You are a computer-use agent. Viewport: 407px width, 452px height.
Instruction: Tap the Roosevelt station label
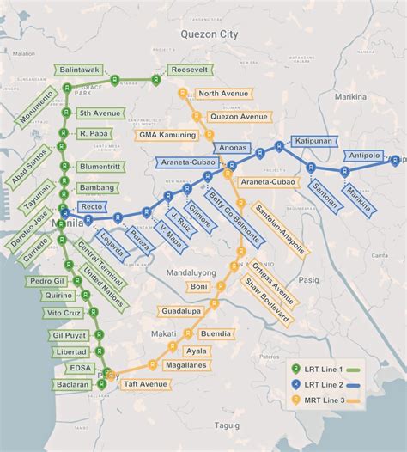click(190, 69)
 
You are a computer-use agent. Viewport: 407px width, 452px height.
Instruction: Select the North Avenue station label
click(222, 93)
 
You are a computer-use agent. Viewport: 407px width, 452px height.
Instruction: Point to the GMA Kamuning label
click(169, 135)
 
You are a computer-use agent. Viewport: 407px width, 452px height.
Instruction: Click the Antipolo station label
click(366, 156)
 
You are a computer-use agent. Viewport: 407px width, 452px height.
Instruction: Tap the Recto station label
click(92, 207)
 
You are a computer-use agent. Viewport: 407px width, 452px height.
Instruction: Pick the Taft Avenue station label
click(142, 382)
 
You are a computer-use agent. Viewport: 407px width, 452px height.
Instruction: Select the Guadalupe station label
click(179, 310)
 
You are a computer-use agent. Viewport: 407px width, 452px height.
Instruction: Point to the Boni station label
click(199, 286)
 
